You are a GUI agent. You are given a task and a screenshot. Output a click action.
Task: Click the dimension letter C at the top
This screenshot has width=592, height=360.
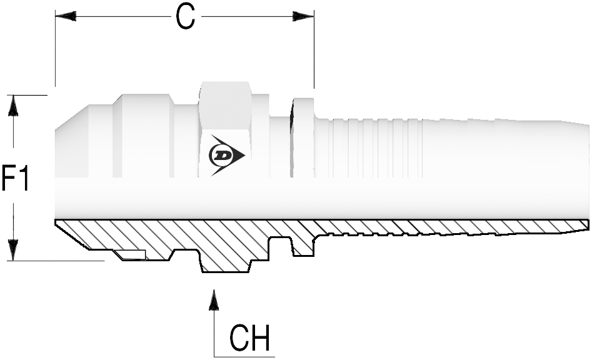(186, 17)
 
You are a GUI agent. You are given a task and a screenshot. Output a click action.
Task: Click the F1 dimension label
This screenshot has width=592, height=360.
(16, 177)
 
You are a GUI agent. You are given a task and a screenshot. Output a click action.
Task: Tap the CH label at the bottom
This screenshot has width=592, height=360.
(249, 337)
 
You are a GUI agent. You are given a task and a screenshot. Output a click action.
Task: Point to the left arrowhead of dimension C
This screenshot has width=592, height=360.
(66, 16)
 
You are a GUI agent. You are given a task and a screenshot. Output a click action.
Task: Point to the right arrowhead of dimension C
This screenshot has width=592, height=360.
(304, 16)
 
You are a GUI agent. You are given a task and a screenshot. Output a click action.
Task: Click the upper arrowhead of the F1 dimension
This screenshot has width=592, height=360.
(13, 106)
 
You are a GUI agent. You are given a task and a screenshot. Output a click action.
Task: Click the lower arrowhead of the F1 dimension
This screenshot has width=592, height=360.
(13, 250)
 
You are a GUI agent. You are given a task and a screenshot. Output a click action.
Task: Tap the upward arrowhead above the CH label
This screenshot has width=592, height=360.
(214, 300)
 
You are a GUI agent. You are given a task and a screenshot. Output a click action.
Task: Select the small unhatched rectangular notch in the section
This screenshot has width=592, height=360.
(131, 255)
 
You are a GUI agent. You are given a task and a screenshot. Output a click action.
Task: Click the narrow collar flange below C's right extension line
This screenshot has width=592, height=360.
(304, 137)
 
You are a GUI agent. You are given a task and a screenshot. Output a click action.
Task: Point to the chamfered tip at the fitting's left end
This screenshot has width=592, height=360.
(73, 117)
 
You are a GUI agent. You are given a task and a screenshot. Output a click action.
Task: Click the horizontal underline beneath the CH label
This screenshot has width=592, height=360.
(244, 357)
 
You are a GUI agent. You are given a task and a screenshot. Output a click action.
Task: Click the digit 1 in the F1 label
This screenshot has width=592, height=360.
(24, 177)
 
